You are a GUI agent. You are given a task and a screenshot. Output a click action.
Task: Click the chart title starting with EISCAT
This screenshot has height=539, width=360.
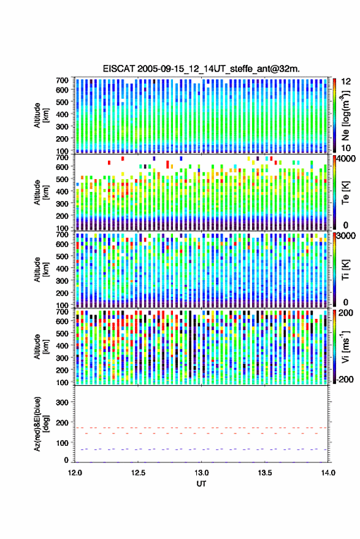[201, 69]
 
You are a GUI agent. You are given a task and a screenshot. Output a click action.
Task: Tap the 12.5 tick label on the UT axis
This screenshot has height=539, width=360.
[138, 473]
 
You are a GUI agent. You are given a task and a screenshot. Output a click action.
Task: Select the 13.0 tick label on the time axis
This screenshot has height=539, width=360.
[201, 473]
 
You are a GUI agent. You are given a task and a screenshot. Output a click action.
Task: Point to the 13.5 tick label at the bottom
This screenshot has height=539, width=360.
[264, 473]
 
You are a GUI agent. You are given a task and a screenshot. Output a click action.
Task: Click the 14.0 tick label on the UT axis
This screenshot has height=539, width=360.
[328, 473]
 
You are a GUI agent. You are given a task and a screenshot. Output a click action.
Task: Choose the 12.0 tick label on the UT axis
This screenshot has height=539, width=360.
[75, 473]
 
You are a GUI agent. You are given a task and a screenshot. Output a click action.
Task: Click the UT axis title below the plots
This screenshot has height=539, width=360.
[201, 484]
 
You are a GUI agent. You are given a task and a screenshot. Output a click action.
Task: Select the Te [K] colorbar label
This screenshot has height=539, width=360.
[345, 193]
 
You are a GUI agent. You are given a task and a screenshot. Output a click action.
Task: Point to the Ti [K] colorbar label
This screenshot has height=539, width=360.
[345, 270]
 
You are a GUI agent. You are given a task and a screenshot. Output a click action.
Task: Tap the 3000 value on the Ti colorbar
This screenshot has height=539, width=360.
[347, 236]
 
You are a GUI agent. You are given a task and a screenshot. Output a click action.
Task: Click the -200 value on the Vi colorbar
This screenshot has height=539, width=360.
[345, 379]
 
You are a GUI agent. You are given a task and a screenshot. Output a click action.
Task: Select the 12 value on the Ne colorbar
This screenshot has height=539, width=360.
[346, 82]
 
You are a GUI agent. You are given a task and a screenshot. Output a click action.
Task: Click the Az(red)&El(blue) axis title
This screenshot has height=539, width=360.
[41, 424]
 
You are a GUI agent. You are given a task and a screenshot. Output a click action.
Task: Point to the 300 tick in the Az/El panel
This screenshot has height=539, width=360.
[62, 402]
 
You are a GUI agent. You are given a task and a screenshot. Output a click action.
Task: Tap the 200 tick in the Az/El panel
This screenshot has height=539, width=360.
[62, 422]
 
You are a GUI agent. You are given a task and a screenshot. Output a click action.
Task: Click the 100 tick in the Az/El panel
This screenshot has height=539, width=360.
[62, 443]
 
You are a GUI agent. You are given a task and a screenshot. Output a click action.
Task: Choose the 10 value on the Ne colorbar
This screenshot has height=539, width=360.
[346, 148]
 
